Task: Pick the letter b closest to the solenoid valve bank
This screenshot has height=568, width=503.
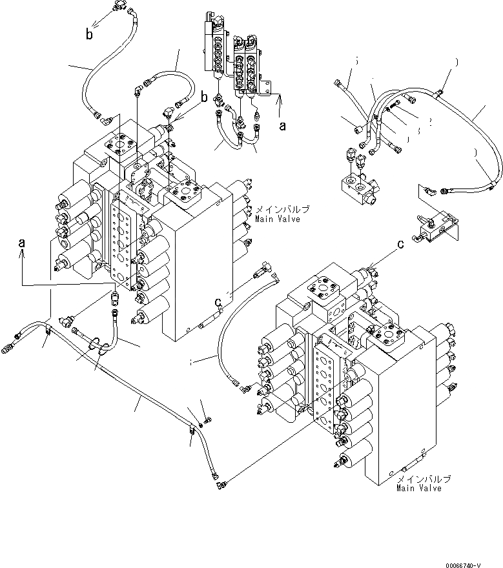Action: [x=203, y=97]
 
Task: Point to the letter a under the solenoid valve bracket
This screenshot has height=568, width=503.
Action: [x=282, y=127]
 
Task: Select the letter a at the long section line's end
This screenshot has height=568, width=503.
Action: [x=23, y=244]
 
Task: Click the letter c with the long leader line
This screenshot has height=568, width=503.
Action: [x=401, y=244]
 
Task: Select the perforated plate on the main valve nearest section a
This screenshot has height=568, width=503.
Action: [x=123, y=245]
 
